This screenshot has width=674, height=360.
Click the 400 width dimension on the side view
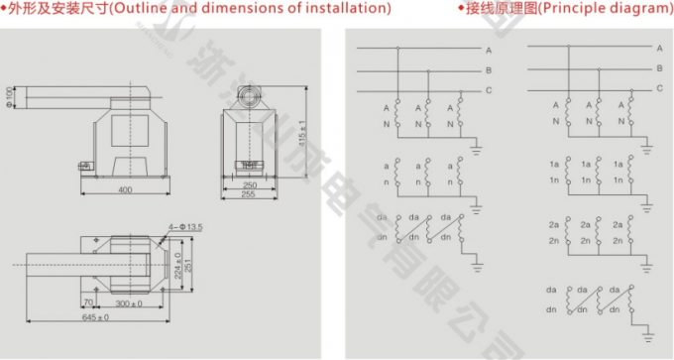(x=125, y=188)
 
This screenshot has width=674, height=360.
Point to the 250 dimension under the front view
(x=250, y=184)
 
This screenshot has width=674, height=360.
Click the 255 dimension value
(x=250, y=195)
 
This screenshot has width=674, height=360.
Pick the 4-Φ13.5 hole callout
(x=186, y=228)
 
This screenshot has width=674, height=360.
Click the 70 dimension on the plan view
(x=88, y=302)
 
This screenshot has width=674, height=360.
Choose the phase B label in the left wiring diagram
(x=489, y=69)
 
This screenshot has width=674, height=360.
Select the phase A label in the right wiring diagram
(x=659, y=48)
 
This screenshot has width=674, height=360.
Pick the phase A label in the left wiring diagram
(x=489, y=49)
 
